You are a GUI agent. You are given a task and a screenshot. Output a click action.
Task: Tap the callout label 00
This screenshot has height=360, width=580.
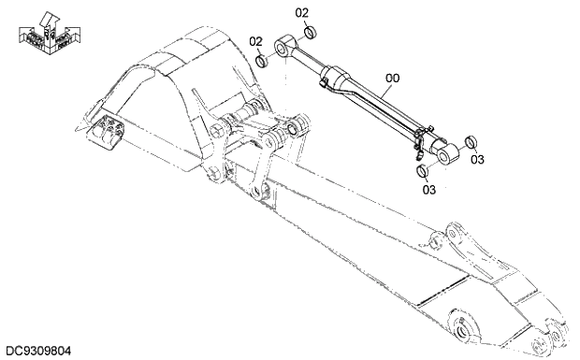(x=393, y=79)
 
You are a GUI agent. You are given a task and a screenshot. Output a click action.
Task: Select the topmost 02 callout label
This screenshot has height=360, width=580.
(x=302, y=13)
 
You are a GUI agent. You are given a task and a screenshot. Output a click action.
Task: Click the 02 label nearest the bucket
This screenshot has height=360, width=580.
(x=255, y=41)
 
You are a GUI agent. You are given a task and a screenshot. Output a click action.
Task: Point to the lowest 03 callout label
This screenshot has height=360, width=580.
(x=429, y=190)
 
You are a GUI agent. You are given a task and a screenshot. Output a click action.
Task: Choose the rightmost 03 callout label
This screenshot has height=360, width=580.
(x=478, y=160)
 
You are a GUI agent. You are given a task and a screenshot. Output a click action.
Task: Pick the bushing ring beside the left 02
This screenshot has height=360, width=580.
(x=263, y=61)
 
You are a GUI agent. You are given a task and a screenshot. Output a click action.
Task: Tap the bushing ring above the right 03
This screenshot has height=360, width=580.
(x=471, y=142)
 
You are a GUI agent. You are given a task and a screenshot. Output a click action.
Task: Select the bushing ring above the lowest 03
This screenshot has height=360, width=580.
(x=422, y=171)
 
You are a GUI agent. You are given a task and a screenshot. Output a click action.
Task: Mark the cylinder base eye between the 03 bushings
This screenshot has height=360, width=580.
(x=443, y=151)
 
